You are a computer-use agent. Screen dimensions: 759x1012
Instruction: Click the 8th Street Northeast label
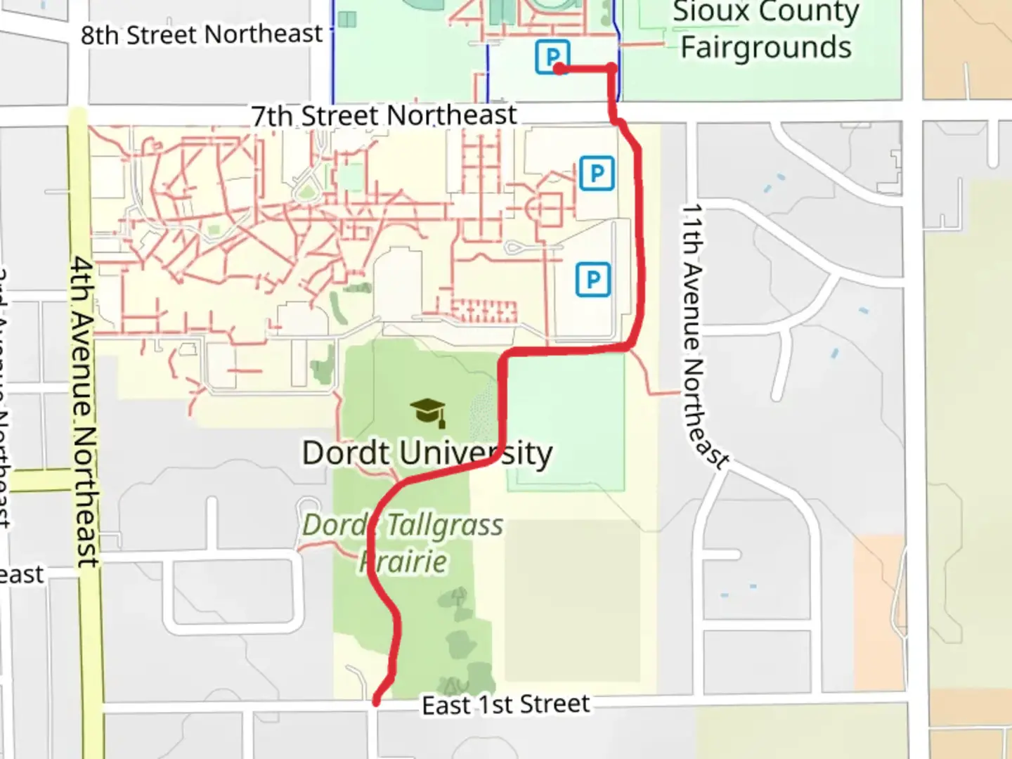point(201,34)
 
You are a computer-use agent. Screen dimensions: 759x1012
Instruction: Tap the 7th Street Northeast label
point(384,115)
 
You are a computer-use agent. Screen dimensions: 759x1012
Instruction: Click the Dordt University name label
point(427,453)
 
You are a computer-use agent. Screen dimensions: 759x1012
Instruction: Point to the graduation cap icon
point(428,412)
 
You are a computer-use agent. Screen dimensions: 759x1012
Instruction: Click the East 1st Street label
point(505,704)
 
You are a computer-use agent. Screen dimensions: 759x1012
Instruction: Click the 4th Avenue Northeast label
point(84,411)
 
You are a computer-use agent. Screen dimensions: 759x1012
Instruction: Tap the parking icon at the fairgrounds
point(552,56)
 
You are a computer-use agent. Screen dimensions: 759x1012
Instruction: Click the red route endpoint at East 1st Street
point(377,701)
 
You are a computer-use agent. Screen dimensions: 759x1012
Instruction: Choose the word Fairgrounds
point(766,48)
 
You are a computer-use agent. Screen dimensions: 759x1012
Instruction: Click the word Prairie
point(403,562)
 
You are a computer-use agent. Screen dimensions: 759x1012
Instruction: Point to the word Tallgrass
point(445,525)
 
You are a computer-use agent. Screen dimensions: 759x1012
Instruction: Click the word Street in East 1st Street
point(554,703)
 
